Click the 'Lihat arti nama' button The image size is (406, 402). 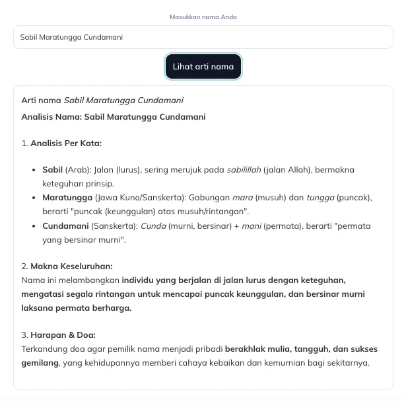(203, 67)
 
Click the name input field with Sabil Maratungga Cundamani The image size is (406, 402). (203, 37)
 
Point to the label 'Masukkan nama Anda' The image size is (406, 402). (203, 17)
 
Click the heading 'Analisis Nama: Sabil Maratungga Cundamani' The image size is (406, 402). (114, 117)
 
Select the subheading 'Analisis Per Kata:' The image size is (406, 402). (66, 143)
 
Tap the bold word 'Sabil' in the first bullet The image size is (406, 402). (52, 170)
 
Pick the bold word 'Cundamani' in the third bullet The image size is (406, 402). (66, 226)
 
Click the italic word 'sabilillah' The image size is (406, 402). (244, 170)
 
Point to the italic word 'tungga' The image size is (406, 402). (320, 198)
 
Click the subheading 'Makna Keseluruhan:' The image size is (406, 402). (71, 266)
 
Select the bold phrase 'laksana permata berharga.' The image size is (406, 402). (76, 308)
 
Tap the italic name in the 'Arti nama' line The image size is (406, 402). (123, 100)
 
